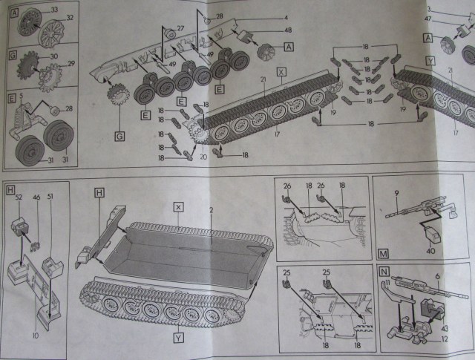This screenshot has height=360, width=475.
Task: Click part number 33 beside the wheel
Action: tap(54, 9)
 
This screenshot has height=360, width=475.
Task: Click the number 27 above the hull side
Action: tap(180, 28)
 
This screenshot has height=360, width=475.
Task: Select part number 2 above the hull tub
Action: tap(212, 211)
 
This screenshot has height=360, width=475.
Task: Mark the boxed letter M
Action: tap(383, 252)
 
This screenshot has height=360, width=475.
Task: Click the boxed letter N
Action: tap(384, 272)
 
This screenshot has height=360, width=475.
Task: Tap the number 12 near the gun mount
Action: tap(444, 341)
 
